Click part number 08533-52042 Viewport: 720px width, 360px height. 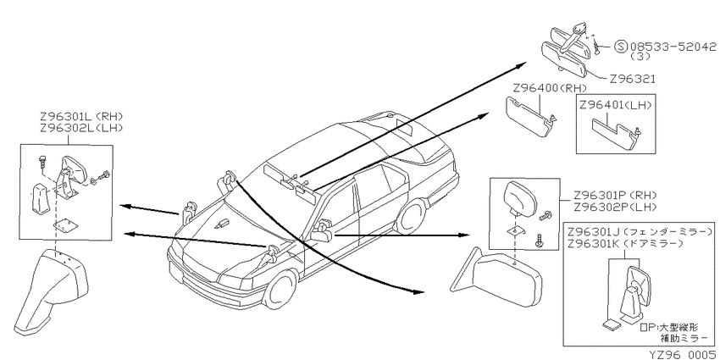click(x=673, y=47)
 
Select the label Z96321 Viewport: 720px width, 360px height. click(x=633, y=79)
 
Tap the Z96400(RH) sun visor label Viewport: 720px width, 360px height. click(x=550, y=88)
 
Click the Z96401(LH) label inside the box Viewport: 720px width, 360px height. click(x=616, y=105)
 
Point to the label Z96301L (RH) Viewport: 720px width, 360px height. click(x=82, y=117)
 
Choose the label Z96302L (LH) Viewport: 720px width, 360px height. click(x=82, y=128)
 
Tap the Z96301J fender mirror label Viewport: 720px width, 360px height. click(x=641, y=231)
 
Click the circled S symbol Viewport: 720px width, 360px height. click(x=621, y=47)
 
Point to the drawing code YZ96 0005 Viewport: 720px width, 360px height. click(x=683, y=355)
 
